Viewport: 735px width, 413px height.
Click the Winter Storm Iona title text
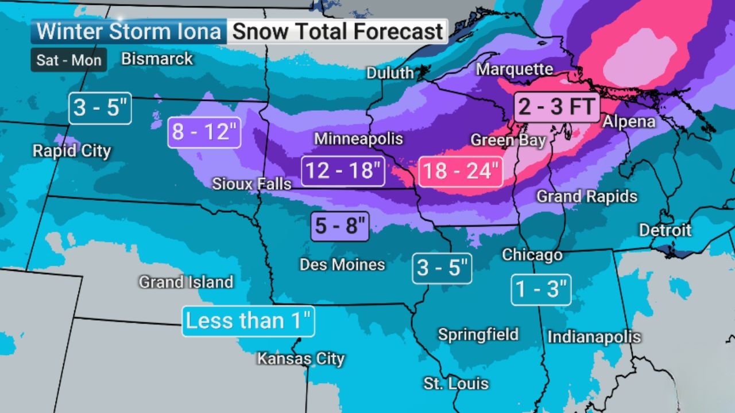click(129, 32)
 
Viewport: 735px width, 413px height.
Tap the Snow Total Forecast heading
click(338, 32)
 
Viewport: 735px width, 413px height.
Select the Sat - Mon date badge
click(69, 60)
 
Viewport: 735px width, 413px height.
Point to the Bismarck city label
click(157, 59)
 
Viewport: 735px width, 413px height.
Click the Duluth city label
click(390, 73)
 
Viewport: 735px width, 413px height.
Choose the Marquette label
click(514, 69)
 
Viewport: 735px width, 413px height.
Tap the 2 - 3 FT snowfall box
click(556, 107)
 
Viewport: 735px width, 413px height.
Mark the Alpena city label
click(629, 122)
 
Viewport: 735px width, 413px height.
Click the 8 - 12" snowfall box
click(204, 133)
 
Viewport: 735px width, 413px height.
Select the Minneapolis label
click(358, 139)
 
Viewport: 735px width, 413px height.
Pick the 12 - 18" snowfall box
click(343, 171)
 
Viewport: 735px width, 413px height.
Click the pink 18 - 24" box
click(461, 171)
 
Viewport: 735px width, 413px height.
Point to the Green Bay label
click(508, 140)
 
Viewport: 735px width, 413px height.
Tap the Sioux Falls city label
click(252, 184)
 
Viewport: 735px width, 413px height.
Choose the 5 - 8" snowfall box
click(341, 226)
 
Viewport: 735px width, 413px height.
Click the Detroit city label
click(666, 230)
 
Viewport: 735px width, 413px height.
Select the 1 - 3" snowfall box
click(541, 290)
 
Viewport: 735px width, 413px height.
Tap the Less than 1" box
click(248, 321)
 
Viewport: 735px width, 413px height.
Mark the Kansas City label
click(300, 359)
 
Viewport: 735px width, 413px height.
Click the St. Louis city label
click(456, 383)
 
